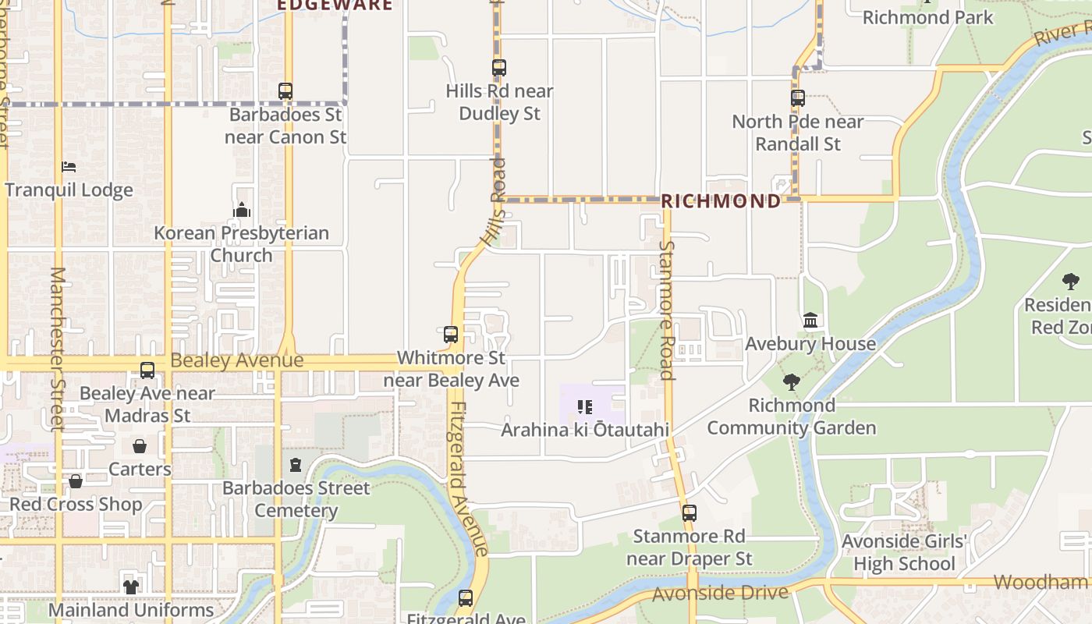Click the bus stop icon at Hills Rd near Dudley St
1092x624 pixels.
498,68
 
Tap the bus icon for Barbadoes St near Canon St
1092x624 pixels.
285,91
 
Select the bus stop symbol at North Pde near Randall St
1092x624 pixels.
797,98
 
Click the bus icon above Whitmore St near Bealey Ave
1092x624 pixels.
451,335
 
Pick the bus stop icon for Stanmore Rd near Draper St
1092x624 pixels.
689,513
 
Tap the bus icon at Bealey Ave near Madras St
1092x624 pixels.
147,370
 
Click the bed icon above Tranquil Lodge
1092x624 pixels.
69,167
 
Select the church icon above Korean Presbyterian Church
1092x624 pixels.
242,210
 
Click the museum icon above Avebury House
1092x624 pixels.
810,321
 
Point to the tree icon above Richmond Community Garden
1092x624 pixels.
792,382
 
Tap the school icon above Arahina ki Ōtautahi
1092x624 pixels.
585,406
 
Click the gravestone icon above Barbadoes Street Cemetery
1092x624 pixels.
295,465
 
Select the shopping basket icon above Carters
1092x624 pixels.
140,446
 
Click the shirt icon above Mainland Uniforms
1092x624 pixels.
130,587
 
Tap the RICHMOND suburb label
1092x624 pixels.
721,201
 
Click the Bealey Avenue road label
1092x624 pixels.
236,360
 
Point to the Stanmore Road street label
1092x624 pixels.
667,310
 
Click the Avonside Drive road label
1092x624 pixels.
720,594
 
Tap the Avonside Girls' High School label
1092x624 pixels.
904,552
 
